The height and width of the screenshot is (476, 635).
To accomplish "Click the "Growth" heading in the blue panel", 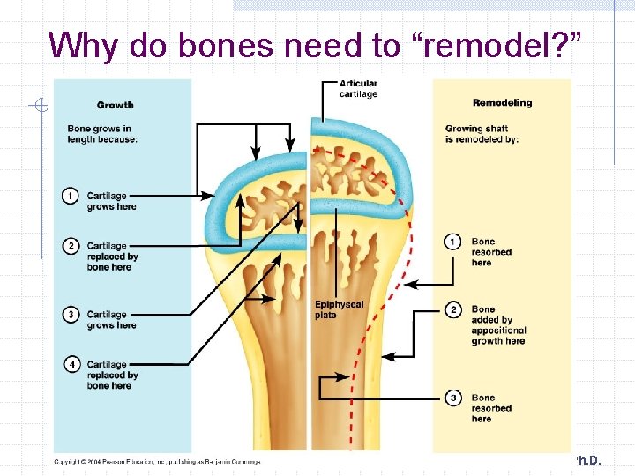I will (x=116, y=104).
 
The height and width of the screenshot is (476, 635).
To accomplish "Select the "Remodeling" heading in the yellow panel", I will (x=502, y=102).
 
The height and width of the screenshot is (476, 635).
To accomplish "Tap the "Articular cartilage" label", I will (x=358, y=89).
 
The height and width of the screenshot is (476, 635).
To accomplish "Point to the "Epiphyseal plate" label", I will (x=339, y=309).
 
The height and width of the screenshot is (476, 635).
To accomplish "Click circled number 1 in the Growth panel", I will (x=71, y=196).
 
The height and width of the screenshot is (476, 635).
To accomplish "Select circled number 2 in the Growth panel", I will (x=71, y=246).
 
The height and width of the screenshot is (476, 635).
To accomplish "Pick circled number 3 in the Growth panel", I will (x=71, y=315).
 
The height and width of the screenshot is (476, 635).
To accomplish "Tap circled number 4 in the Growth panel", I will (x=71, y=364).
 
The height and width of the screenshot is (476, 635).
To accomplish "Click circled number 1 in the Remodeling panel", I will (x=453, y=242).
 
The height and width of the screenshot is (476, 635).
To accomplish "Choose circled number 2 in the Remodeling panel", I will (x=453, y=309).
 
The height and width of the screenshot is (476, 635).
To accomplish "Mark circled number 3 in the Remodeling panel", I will (x=453, y=398).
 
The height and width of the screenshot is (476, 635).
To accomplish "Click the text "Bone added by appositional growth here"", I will (x=498, y=325).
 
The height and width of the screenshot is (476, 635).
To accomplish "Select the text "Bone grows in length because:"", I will (x=102, y=134).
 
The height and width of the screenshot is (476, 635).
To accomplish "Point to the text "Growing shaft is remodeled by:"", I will (x=482, y=134).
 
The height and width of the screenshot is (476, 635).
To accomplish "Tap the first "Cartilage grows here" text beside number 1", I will (x=111, y=201).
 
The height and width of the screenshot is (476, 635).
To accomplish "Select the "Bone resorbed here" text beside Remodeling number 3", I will (x=491, y=408).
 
